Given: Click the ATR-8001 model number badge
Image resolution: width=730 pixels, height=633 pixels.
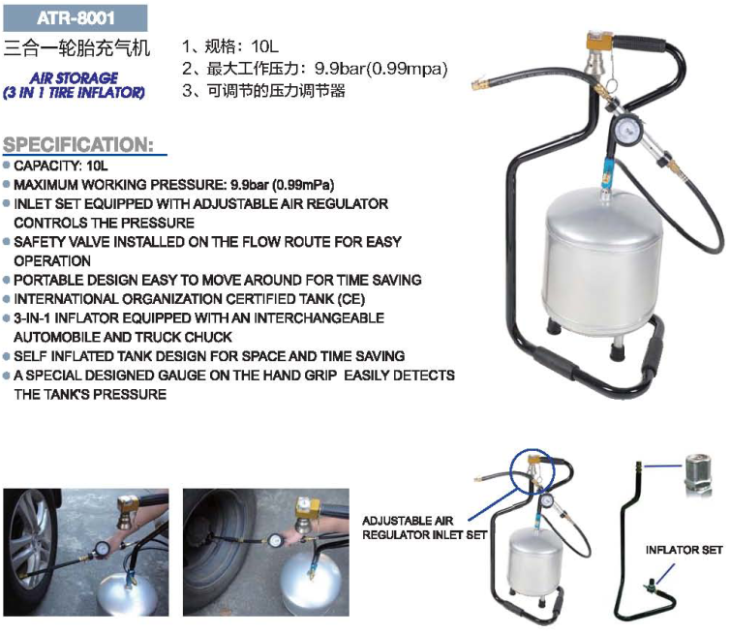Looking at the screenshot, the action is [76, 18].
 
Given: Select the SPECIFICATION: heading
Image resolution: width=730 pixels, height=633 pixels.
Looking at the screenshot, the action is [78, 144].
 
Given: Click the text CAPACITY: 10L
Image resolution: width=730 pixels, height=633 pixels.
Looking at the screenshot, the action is [61, 166].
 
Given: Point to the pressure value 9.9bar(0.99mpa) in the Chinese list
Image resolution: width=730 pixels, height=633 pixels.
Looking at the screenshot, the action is [380, 69].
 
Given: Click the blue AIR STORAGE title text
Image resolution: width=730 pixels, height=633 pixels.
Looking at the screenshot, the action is [74, 77].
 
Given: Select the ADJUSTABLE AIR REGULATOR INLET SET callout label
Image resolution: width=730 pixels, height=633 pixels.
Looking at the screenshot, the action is [425, 527].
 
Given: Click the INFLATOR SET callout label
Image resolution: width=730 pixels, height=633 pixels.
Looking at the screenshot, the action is [684, 550].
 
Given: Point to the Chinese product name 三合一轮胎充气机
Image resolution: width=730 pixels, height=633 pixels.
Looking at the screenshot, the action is [76, 48].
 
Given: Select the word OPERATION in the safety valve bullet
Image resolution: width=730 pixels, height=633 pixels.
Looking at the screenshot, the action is [52, 261].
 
